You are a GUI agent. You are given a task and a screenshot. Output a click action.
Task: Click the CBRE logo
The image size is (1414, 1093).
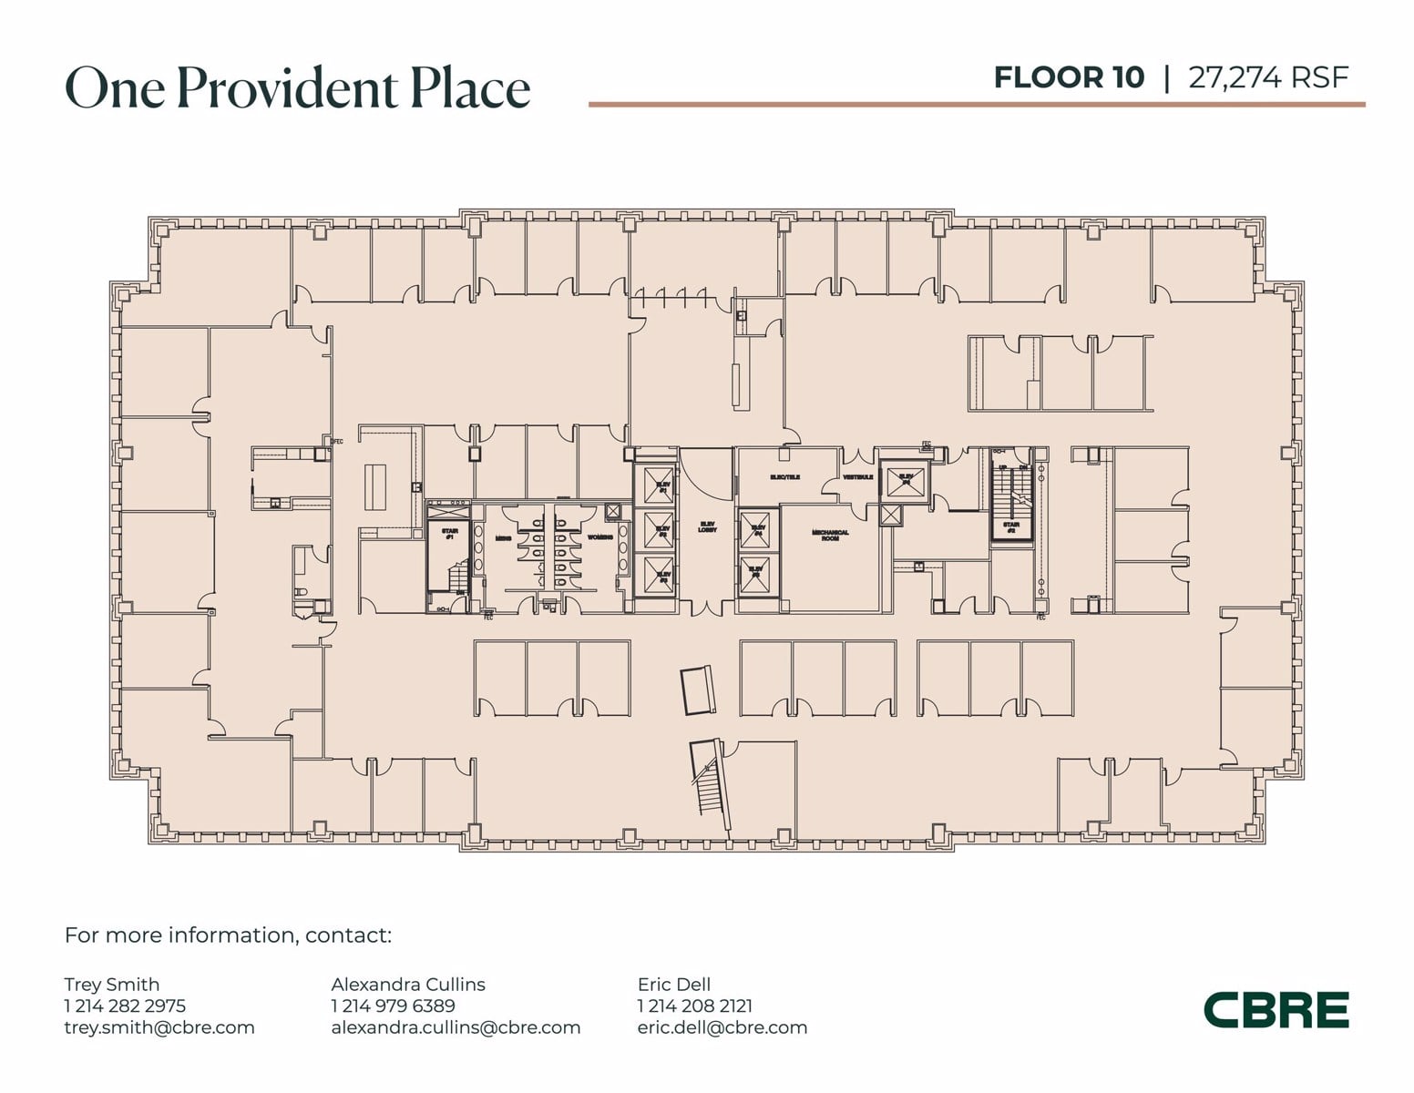pos(1276,1009)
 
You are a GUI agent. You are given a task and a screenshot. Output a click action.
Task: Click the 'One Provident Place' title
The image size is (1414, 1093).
pos(297,88)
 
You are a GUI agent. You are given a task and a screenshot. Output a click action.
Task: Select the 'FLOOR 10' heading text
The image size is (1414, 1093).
pos(1068,77)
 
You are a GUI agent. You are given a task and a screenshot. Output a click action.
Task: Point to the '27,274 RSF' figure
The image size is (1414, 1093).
pos(1267,77)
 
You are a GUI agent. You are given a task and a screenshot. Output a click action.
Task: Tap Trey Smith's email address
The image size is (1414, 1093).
pos(159,1027)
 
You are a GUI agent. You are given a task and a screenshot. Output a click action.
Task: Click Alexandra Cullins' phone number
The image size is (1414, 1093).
pos(393,1006)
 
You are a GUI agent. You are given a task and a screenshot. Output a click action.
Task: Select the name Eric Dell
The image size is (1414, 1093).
pos(673,984)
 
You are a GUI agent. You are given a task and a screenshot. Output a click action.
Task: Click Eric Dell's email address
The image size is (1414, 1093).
pos(722,1027)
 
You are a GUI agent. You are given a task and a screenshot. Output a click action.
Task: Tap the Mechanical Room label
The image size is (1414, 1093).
pos(830,536)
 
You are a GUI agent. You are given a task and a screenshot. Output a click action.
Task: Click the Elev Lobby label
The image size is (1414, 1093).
pos(707,526)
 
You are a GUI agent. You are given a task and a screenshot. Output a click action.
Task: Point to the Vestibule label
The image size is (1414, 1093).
pos(857,477)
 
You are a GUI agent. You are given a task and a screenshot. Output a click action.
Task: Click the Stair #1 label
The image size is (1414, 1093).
pos(449,534)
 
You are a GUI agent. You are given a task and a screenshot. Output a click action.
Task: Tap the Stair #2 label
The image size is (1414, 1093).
pos(1011,526)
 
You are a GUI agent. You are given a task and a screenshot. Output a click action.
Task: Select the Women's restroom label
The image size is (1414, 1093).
pos(599,537)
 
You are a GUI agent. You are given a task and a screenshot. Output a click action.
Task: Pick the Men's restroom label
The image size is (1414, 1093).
pos(503,538)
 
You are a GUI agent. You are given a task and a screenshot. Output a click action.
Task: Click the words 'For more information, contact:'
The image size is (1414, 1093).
pos(228,935)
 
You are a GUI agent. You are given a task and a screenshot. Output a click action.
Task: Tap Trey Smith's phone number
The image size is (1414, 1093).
pos(125,1006)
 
